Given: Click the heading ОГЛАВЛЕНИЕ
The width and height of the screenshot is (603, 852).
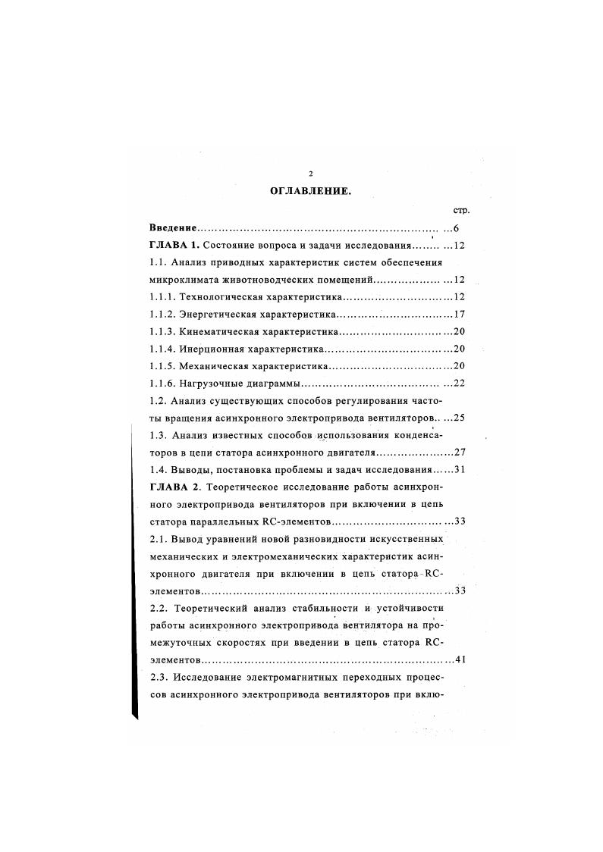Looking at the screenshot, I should pos(310,192).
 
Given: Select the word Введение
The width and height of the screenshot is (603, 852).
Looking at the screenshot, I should pos(174,228).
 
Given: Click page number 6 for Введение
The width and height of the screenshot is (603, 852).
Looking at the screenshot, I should pos(456,228).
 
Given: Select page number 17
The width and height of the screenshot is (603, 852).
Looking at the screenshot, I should pos(458,315).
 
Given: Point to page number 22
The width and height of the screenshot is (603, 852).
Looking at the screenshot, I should pos(458,384).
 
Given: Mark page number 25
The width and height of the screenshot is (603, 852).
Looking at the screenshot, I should pos(458,418).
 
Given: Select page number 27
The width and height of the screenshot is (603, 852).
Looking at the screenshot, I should pos(458,453).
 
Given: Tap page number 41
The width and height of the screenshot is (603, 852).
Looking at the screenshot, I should pos(458,659).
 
